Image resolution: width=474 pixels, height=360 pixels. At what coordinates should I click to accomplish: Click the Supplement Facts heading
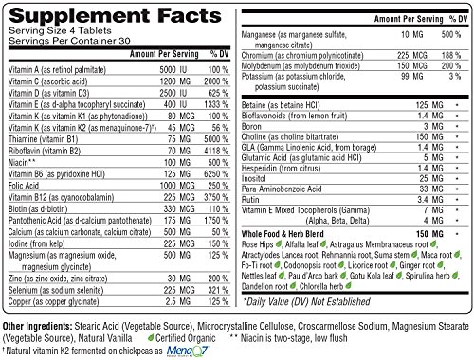(x=116, y=15)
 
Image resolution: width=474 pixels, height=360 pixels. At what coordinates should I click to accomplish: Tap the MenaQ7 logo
(x=188, y=351)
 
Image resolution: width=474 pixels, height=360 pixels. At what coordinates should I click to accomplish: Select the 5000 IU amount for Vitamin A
(x=173, y=69)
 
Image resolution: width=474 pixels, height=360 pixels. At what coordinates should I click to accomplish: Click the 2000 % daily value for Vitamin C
(x=216, y=81)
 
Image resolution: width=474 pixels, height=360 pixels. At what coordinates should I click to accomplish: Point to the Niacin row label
(x=22, y=162)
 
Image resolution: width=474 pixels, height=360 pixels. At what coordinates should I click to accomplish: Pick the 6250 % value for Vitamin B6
(x=216, y=174)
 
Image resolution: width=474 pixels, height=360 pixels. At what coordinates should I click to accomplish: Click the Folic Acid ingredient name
(x=24, y=186)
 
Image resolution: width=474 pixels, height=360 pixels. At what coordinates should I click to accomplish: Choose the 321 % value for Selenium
(x=218, y=290)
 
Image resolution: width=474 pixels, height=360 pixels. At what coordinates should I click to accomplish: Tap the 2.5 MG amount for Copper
(x=177, y=301)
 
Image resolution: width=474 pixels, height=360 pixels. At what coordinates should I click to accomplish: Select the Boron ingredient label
(x=251, y=126)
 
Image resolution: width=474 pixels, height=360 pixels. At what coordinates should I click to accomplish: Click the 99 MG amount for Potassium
(x=411, y=76)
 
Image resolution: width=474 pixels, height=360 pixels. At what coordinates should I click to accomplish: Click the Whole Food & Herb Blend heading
(x=283, y=234)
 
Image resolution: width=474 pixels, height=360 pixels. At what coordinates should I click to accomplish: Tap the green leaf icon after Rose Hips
(x=279, y=243)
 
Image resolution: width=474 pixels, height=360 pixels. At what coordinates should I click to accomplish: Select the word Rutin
(x=250, y=200)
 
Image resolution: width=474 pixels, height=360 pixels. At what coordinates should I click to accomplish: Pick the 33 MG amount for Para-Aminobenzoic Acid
(x=431, y=189)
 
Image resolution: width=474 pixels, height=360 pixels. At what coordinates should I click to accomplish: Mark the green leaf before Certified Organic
(x=151, y=338)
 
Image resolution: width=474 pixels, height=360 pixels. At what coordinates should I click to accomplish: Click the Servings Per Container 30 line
(x=69, y=41)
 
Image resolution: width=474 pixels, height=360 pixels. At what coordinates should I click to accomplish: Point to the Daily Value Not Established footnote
(x=306, y=301)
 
